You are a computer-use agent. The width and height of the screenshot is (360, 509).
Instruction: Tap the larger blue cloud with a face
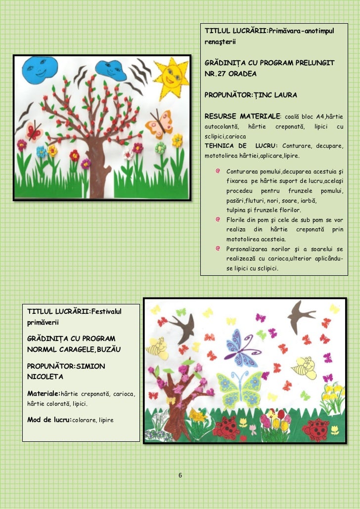coord(37,69)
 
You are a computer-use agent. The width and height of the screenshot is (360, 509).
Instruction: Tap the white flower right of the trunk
coord(129,155)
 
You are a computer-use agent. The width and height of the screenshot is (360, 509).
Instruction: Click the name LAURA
coord(286,94)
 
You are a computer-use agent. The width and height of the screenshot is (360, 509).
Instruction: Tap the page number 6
coord(180,475)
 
